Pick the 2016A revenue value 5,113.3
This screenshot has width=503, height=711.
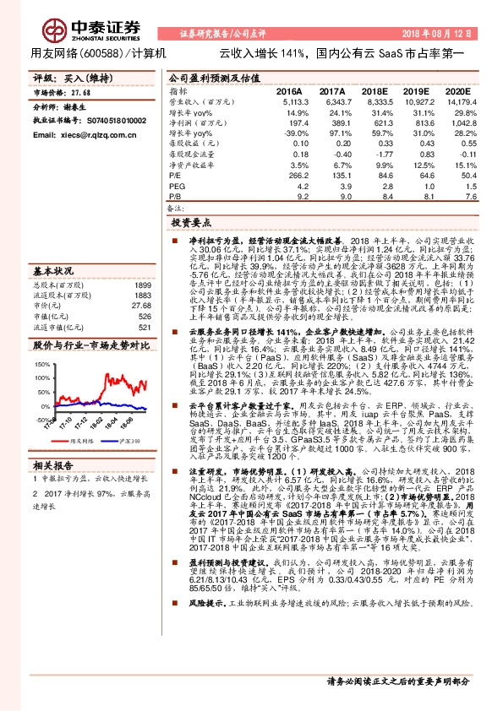pos(288,100)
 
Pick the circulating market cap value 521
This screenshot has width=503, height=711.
pos(144,327)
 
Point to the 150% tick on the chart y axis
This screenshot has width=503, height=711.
pos(43,364)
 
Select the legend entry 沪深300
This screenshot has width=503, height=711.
pos(129,440)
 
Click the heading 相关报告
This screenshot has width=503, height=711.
pos(54,466)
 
